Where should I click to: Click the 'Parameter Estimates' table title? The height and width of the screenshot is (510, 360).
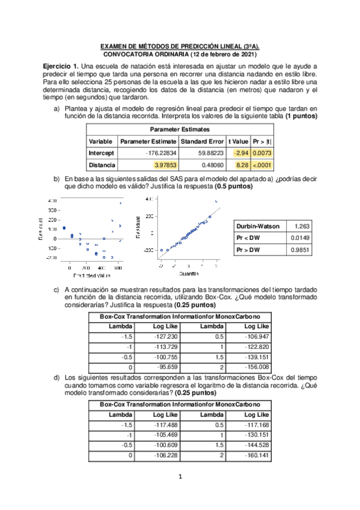coord(180,129)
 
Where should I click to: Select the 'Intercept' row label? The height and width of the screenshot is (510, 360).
coord(101,153)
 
